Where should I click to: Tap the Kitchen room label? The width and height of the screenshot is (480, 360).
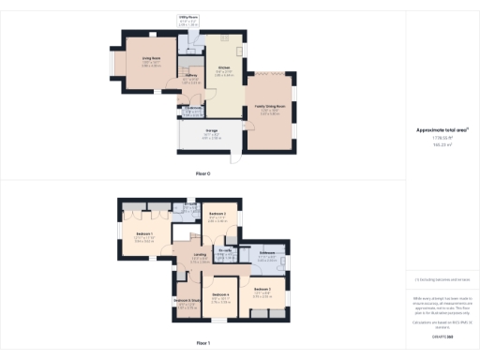coord(224,67)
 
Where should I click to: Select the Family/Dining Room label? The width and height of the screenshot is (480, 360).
coord(268,107)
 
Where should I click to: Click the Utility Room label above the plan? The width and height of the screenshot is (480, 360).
coord(187,16)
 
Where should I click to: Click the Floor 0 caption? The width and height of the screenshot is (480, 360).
coord(202,174)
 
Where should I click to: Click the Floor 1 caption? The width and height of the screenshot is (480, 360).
coord(202,343)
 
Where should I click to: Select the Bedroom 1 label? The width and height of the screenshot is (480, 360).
coord(143,232)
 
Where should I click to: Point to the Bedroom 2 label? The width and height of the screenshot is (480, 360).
coord(218,216)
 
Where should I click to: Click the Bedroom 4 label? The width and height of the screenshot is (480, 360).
coord(220,295)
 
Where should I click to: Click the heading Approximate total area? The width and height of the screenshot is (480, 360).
coord(442,129)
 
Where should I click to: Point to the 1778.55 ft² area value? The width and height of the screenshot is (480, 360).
coord(442,138)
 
